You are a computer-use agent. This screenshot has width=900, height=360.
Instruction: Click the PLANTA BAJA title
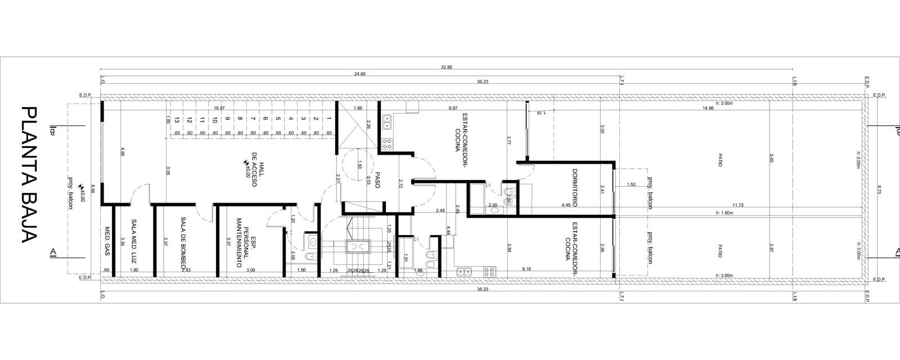pos(29,174)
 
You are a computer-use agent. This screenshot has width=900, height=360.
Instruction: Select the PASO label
pos(377,180)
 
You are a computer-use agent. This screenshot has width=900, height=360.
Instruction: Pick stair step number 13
pos(177,119)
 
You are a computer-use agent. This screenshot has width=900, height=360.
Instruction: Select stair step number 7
pos(253,119)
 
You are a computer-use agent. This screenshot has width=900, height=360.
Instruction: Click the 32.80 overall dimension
pos(446,67)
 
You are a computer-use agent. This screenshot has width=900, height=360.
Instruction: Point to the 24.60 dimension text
pos(360,74)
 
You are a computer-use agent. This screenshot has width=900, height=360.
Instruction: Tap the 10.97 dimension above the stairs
pos(219,108)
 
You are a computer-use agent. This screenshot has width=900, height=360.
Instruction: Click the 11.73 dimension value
pos(738,205)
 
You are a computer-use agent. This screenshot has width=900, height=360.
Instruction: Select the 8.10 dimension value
pos(526,269)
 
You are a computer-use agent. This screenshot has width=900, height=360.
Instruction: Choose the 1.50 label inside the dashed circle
pos(359,165)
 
